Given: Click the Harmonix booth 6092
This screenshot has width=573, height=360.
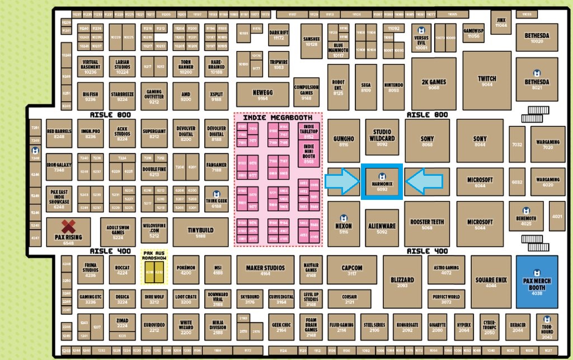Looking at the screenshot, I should click(382, 182).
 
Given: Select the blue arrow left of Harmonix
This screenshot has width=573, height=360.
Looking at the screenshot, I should click(342, 181).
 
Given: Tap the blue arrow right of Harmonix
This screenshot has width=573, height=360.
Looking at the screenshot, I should click(424, 181).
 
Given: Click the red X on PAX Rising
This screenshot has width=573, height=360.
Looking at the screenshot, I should click(68, 227).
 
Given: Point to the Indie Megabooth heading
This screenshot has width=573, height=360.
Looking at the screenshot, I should click(278, 118).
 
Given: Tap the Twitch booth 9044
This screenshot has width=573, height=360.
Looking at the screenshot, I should click(486, 81).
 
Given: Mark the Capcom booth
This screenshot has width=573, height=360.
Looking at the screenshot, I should click(351, 270).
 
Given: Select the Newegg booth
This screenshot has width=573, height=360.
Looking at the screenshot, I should click(262, 95).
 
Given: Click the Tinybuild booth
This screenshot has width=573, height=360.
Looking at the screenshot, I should click(200, 232).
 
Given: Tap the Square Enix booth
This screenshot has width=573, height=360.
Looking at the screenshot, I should click(490, 281).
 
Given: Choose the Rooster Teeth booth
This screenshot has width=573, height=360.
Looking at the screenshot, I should click(427, 224).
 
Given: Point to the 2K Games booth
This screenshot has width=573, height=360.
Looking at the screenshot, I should click(434, 84).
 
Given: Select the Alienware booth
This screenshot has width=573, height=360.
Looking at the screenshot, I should click(382, 228).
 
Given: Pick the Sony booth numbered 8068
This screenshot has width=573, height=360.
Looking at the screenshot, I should click(427, 141).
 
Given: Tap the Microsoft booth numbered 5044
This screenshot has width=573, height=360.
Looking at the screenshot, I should click(480, 224).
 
